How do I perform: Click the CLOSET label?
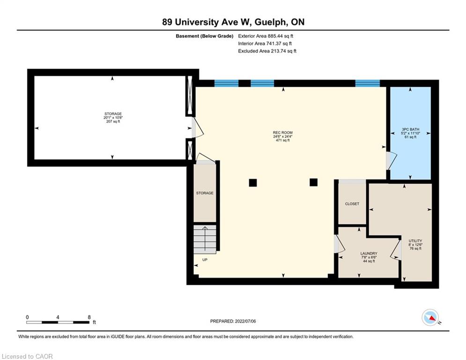[352, 204]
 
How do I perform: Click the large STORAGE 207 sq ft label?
[113, 118]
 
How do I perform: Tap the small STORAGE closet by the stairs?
[205, 193]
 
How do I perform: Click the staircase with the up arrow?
[205, 240]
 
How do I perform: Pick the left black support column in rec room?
[253, 183]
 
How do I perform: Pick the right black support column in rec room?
[313, 182]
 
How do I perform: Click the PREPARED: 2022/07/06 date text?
[233, 321]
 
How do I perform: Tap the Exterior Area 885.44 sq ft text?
[266, 36]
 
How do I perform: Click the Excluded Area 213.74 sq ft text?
[267, 51]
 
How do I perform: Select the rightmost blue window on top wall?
[368, 83]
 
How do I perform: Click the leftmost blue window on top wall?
[227, 83]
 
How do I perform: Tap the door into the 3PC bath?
[392, 161]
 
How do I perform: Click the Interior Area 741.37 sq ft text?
[265, 44]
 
